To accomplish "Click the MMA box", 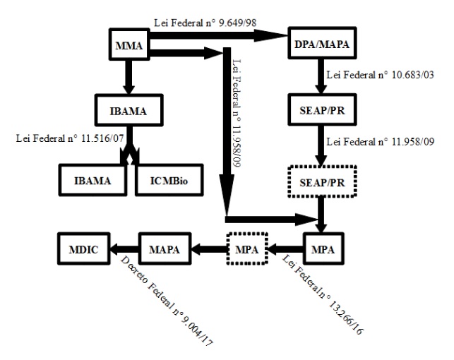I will pos(129,47).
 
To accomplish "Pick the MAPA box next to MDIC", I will pos(165,249).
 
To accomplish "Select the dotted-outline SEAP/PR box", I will pos(322,182).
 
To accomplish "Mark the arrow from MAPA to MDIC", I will pos(124,249).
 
